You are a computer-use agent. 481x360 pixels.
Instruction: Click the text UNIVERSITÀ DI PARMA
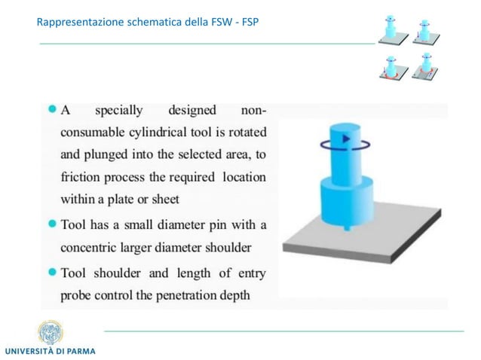tap(51, 352)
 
